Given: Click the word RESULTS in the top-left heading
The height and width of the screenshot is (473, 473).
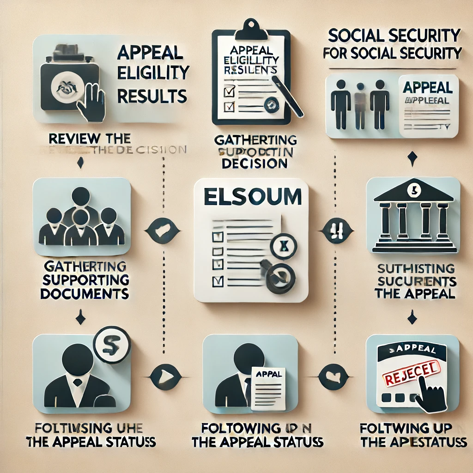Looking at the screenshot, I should (x=152, y=96).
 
